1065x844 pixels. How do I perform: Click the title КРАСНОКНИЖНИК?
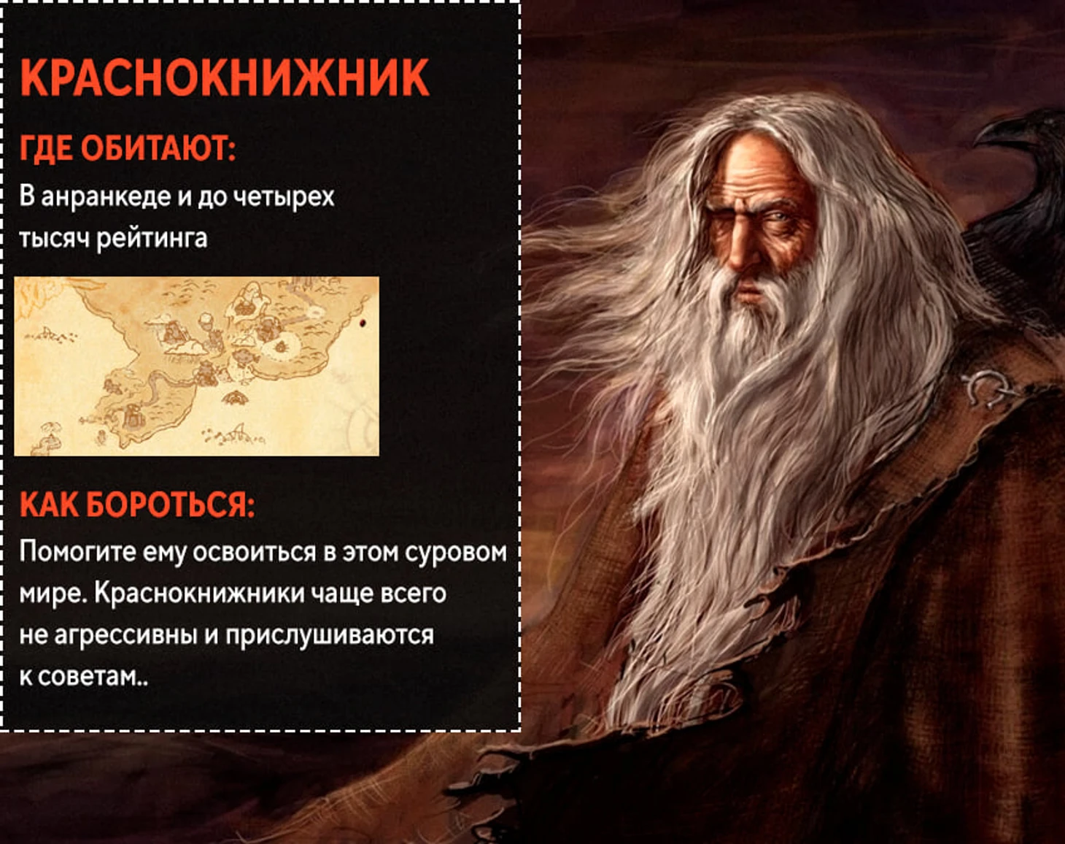click(225, 77)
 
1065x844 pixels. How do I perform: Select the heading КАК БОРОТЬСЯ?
click(137, 505)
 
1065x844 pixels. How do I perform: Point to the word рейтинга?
click(152, 239)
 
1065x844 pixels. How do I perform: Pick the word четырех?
click(284, 196)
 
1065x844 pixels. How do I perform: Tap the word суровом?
click(456, 552)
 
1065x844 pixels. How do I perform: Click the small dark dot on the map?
click(363, 323)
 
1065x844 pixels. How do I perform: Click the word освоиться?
click(255, 552)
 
